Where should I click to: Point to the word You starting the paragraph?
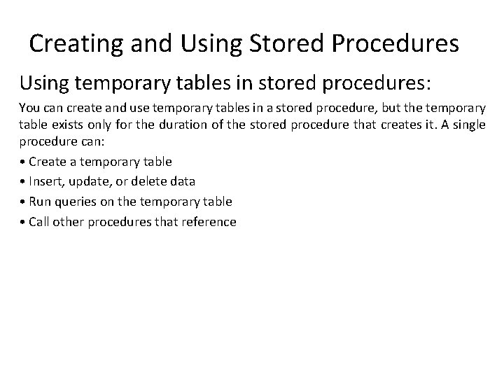tap(29, 109)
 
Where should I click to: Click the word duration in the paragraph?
tap(160, 126)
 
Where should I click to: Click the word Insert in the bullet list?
tap(45, 181)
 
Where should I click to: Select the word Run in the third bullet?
tap(39, 202)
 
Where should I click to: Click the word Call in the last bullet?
tap(39, 222)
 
